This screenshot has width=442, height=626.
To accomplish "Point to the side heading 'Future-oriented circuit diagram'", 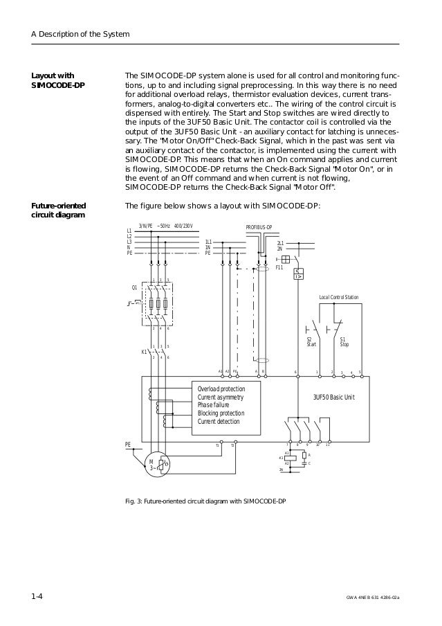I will click(61, 210).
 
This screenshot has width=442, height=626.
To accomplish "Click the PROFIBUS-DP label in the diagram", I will click(259, 227).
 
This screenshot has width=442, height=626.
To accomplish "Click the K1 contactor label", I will click(144, 352).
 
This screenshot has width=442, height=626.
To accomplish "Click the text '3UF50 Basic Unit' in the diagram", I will click(333, 397).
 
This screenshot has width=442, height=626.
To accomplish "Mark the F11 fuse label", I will click(279, 267).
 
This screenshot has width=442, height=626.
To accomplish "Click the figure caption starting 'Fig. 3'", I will click(204, 500).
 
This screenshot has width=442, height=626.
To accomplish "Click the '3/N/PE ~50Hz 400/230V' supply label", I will click(165, 226).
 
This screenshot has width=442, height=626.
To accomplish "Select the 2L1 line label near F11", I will click(279, 243).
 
